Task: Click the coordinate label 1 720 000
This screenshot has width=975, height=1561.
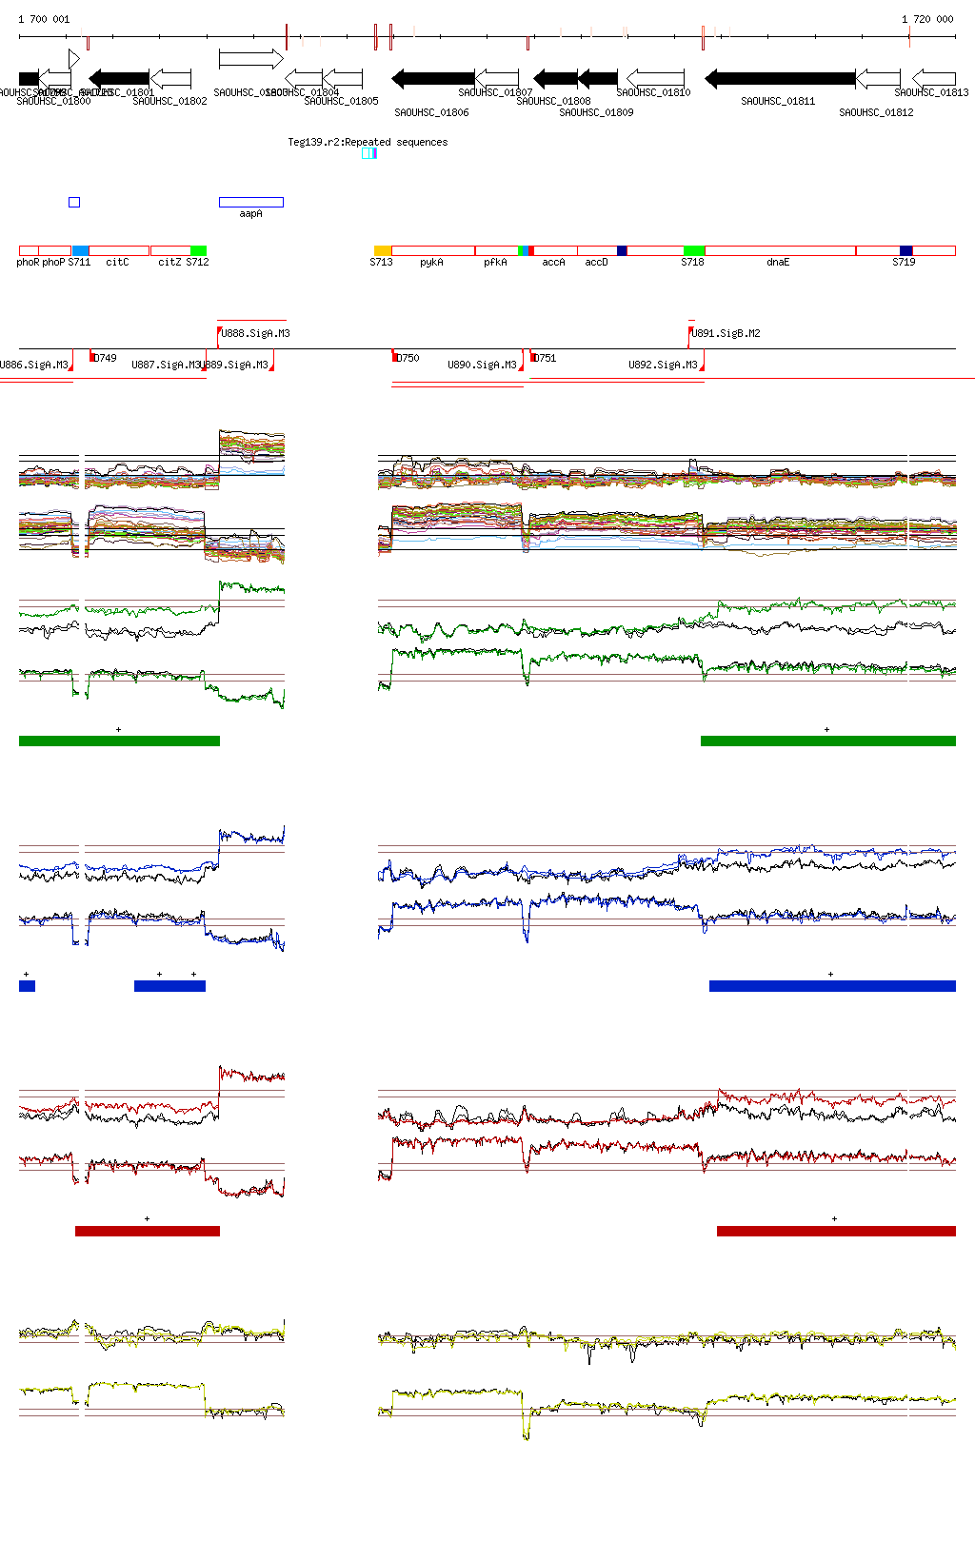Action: [927, 19]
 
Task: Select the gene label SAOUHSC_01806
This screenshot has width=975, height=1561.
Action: [431, 112]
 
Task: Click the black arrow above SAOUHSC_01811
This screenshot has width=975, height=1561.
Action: [780, 78]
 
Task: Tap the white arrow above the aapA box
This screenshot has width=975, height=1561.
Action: [250, 59]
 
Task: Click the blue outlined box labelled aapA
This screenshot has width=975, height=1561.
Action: [250, 202]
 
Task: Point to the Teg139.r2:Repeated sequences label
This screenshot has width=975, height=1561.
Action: [368, 142]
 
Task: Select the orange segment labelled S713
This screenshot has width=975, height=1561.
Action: [383, 250]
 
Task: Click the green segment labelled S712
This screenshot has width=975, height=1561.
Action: [198, 250]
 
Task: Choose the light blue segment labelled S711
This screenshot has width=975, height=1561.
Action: [80, 250]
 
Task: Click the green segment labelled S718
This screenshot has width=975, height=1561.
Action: [693, 250]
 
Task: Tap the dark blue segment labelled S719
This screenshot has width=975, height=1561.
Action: [905, 250]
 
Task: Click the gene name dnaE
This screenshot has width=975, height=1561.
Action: [778, 262]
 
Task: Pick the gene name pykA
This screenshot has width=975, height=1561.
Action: [431, 262]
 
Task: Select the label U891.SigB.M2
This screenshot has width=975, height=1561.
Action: [726, 333]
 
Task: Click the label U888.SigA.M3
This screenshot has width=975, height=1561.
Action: [255, 333]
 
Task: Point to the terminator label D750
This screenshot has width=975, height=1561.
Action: [408, 358]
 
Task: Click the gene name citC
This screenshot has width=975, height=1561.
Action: [117, 262]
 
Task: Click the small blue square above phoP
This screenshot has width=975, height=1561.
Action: [74, 202]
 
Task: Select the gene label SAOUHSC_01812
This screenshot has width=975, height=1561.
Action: [876, 112]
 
